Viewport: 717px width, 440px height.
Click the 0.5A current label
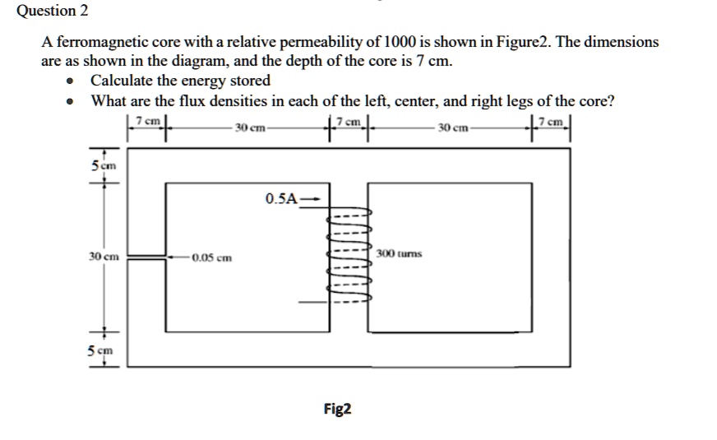281,199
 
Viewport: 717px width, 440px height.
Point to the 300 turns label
399,253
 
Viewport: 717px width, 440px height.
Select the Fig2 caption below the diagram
337,408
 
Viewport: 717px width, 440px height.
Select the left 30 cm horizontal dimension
248,128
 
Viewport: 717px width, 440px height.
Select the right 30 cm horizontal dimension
454,128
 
